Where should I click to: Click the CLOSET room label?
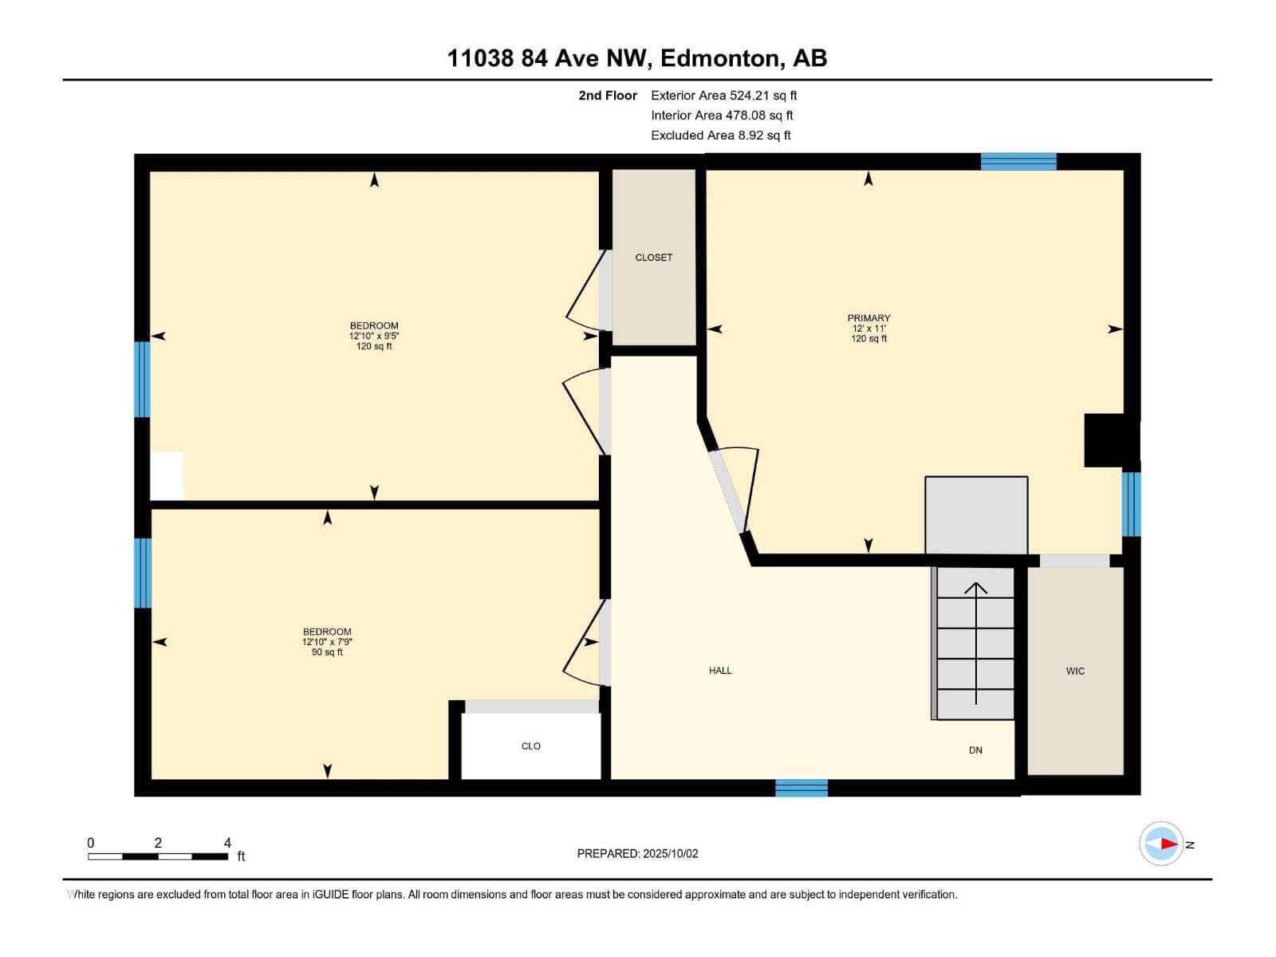pyautogui.click(x=653, y=258)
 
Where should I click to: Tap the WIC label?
pyautogui.click(x=1075, y=671)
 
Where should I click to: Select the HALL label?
pyautogui.click(x=719, y=671)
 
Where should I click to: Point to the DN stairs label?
pyautogui.click(x=975, y=750)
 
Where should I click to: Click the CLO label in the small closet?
pyautogui.click(x=531, y=746)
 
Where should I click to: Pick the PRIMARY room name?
pyautogui.click(x=868, y=318)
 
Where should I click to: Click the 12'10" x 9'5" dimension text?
pyautogui.click(x=374, y=336)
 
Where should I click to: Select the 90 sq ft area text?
pyautogui.click(x=327, y=652)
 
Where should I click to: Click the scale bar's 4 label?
pyautogui.click(x=227, y=842)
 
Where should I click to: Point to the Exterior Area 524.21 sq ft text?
pyautogui.click(x=724, y=95)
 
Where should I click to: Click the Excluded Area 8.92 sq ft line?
pyautogui.click(x=721, y=136)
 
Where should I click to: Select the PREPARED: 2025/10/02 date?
pyautogui.click(x=638, y=853)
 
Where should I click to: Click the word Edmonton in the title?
pyautogui.click(x=719, y=58)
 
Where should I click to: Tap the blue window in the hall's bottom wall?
pyautogui.click(x=801, y=788)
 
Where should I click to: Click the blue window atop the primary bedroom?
pyautogui.click(x=1018, y=162)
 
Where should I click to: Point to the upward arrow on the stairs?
pyautogui.click(x=975, y=644)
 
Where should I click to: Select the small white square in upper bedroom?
pyautogui.click(x=167, y=476)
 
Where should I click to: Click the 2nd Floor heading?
pyautogui.click(x=608, y=95)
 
